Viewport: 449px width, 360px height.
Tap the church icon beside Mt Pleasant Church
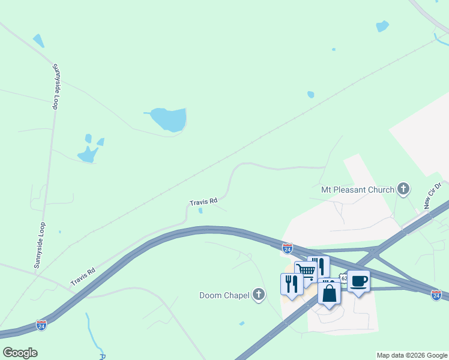pos(403,190)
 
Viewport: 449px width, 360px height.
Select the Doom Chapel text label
pos(224,295)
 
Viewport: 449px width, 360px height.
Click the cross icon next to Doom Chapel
pos(259,294)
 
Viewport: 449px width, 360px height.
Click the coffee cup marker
pos(358,281)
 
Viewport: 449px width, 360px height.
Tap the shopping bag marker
pos(329,294)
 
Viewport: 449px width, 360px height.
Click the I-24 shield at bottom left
pos(41,325)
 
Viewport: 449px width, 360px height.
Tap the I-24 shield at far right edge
pos(436,295)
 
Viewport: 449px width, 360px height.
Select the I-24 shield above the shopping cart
pos(288,247)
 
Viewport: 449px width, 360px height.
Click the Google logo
pos(20,353)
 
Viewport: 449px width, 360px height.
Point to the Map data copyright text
pos(412,355)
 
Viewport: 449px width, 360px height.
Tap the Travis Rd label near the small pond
pos(203,202)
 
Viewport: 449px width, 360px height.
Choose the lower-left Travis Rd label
pos(83,277)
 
